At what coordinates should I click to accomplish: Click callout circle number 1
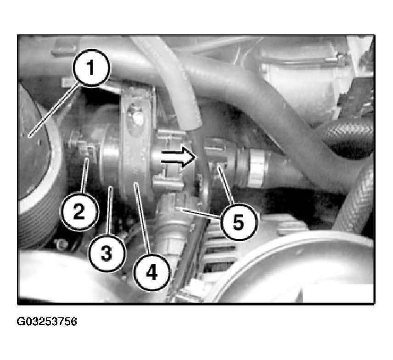pos(91,67)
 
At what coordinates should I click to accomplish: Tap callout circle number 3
pos(107,253)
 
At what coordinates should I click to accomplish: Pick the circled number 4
pos(152,272)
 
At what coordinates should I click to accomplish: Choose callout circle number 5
pos(238,222)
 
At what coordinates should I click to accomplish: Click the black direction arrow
pos(178,157)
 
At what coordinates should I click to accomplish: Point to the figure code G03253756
pos(47,321)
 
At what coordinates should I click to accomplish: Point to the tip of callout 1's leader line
pos(29,137)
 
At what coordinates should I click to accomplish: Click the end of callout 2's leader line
pos(87,159)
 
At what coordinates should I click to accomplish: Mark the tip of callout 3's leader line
pos(110,186)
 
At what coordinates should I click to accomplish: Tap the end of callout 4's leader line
pos(135,183)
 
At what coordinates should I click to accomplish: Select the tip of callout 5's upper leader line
pos(219,167)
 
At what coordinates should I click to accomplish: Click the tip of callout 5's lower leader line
pos(176,208)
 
